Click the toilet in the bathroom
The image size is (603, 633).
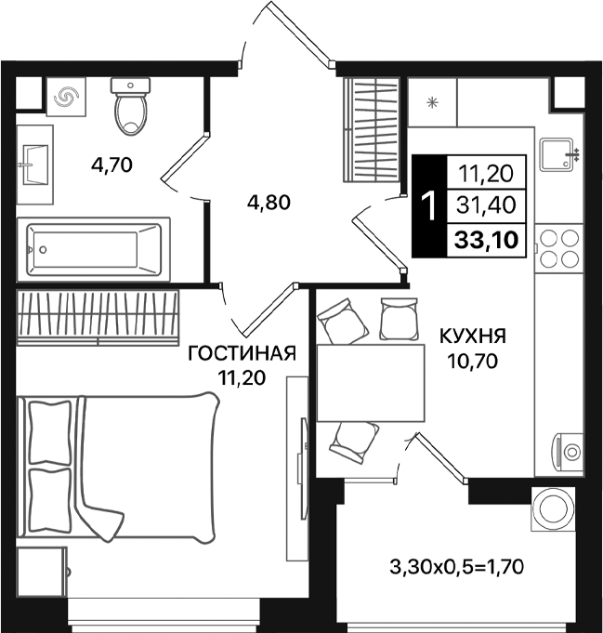coord(130,105)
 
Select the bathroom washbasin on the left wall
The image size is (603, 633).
coord(35,165)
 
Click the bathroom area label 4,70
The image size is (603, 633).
coord(112,165)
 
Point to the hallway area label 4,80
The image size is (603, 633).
coord(269,201)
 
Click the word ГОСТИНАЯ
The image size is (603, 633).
coord(242,353)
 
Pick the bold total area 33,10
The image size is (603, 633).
coord(487,239)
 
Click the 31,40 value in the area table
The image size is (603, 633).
coord(487,204)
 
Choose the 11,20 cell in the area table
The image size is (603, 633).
coord(487,171)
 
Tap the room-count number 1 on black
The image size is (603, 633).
coord(428,205)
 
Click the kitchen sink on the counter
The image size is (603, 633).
coord(558,154)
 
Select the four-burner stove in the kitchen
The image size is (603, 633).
coord(558,247)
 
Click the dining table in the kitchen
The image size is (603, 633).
coord(368,383)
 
